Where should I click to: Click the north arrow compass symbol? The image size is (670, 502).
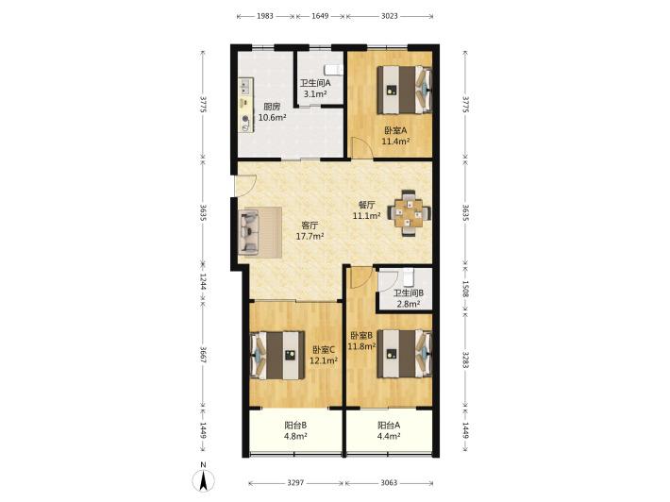pyautogui.click(x=204, y=478)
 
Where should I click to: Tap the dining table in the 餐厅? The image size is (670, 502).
pyautogui.click(x=409, y=212)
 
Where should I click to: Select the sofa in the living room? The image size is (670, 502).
pyautogui.click(x=249, y=232)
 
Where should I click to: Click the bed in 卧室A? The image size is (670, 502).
pyautogui.click(x=404, y=90)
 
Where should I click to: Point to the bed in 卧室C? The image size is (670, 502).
pyautogui.click(x=277, y=355)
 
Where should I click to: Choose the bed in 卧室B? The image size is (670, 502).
pyautogui.click(x=404, y=353)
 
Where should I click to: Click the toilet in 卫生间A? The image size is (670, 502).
pyautogui.click(x=333, y=70)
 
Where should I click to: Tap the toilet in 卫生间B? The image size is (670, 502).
pyautogui.click(x=409, y=277)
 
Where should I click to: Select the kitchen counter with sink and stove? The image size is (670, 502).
pyautogui.click(x=245, y=105)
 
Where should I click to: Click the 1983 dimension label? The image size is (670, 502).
pyautogui.click(x=265, y=16)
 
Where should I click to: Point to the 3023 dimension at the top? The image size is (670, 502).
pyautogui.click(x=390, y=16)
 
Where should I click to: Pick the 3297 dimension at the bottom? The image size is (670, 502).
pyautogui.click(x=295, y=483)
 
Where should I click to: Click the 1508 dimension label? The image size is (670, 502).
pyautogui.click(x=465, y=290)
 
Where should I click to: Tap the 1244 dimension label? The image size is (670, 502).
pyautogui.click(x=203, y=282)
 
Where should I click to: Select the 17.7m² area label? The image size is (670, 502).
pyautogui.click(x=310, y=236)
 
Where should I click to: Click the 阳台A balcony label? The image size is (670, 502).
pyautogui.click(x=389, y=426)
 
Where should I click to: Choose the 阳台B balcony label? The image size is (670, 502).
pyautogui.click(x=295, y=426)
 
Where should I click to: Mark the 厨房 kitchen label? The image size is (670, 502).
pyautogui.click(x=272, y=107)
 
